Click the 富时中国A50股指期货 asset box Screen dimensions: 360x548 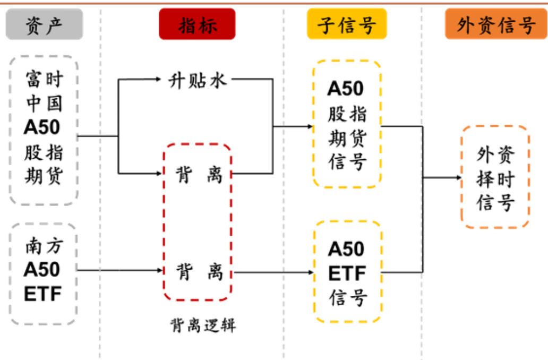pyautogui.click(x=44, y=130)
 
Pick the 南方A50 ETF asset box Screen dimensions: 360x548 pyautogui.click(x=43, y=272)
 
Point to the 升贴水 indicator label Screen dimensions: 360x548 pyautogui.click(x=198, y=80)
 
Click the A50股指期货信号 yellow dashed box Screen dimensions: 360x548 pyautogui.click(x=347, y=123)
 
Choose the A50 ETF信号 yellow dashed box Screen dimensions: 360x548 pyautogui.click(x=347, y=272)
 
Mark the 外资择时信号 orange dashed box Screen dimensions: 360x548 pyautogui.click(x=495, y=177)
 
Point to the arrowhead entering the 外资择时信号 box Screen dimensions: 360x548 pyautogui.click(x=458, y=177)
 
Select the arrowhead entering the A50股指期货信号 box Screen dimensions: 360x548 pyautogui.click(x=310, y=126)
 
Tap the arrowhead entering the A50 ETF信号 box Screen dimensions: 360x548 pyautogui.click(x=311, y=273)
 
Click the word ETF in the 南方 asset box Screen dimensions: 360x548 pyautogui.click(x=42, y=293)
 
